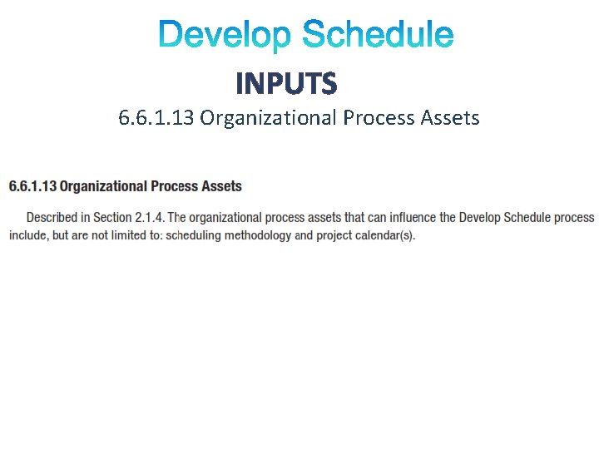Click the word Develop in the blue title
pos(225,36)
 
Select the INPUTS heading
pos(286,83)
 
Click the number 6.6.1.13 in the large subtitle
pos(156,118)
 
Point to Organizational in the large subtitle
pos(267,118)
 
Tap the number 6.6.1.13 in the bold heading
pos(32,186)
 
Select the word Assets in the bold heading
pos(220,186)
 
